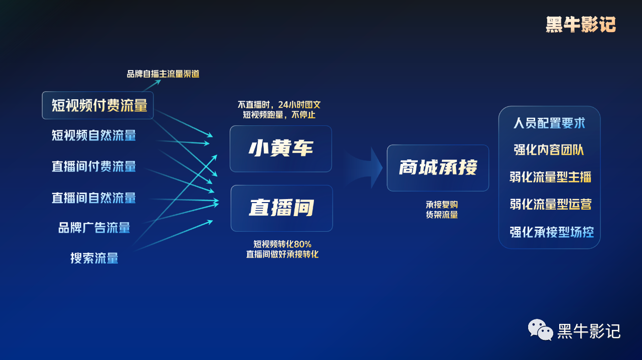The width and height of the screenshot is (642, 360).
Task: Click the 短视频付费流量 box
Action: coord(98,105)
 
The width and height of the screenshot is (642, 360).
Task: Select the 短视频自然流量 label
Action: coord(94,135)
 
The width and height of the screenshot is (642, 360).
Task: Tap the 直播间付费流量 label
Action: coord(94,166)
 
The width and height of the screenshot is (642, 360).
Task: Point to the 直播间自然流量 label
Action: coord(94,198)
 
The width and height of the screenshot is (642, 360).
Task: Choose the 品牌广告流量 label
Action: coord(94,228)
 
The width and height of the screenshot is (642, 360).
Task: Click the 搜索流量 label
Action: coord(94,258)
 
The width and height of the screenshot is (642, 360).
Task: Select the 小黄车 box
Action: coord(281,148)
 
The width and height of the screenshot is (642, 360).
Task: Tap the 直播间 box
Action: coord(281,208)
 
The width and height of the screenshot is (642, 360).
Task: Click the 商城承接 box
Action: coord(438,167)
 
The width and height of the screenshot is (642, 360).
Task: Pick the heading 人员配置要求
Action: coord(549,123)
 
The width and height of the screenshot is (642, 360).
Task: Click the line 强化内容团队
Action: coord(549,150)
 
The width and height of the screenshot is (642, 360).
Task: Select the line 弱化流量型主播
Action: coord(550,177)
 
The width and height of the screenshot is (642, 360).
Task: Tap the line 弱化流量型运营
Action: coord(550,204)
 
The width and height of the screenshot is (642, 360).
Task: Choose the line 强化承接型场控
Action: coord(551,232)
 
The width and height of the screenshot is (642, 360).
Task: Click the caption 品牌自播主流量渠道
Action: coord(163,74)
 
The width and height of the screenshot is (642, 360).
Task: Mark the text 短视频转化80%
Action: coord(282,244)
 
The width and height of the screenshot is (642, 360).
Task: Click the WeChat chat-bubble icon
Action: coord(540,330)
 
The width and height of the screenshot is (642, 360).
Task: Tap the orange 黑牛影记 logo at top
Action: coord(580,25)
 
